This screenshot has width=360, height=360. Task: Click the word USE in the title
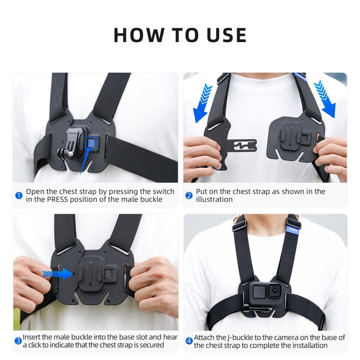[x=222, y=35]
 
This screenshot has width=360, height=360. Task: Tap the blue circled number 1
[x=19, y=195]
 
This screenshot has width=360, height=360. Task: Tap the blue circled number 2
[x=189, y=195]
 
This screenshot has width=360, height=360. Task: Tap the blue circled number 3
[x=19, y=340]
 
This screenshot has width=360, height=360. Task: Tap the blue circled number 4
[x=189, y=340]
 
